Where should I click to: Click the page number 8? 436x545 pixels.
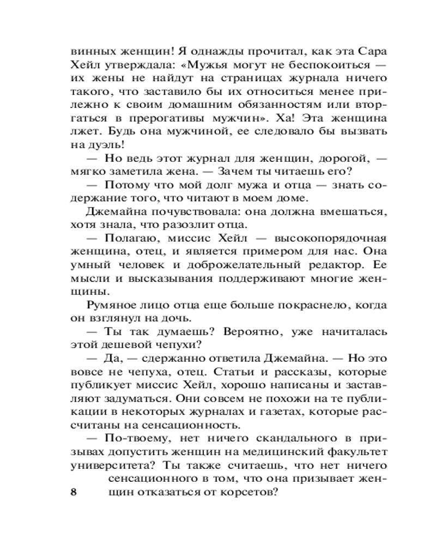[x=75, y=492]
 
